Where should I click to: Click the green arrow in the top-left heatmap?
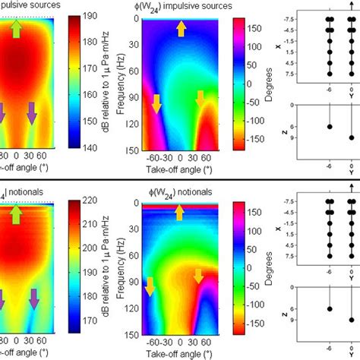point(17,29)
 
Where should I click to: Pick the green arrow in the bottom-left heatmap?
point(17,215)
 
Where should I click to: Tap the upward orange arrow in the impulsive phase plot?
point(181,29)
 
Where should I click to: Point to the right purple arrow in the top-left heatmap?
point(33,114)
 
